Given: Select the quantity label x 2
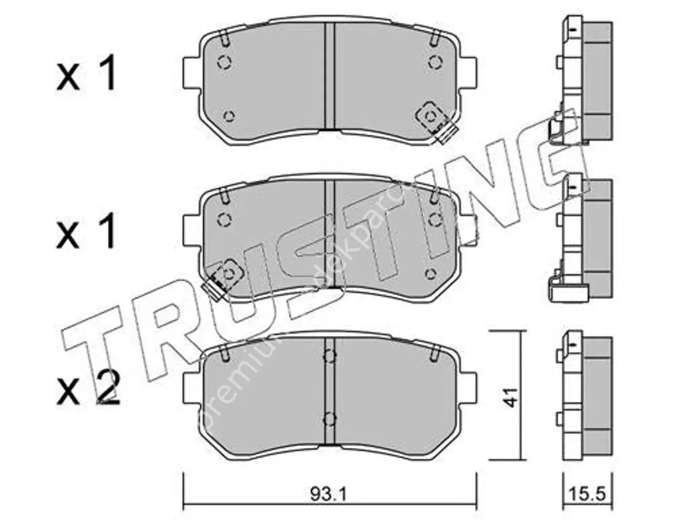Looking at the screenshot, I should pos(89,388).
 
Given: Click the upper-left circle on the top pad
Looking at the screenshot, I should pos(224,62).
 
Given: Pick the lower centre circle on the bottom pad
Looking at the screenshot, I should pos(329,418).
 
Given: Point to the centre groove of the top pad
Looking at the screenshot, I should pos(330,76).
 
